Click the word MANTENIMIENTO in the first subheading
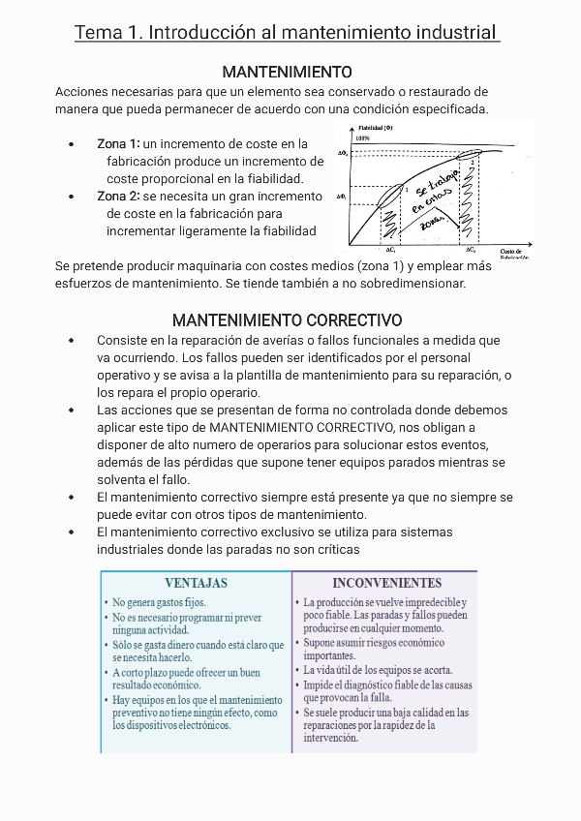tap(287, 72)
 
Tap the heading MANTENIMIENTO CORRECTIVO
tap(287, 319)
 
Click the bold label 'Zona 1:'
tap(118, 143)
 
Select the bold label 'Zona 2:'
tap(119, 196)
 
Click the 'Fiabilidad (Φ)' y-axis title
tap(375, 127)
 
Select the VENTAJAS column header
tap(196, 583)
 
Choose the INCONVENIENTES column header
tap(386, 583)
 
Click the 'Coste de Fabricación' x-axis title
tap(514, 254)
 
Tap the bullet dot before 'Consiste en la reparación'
tap(72, 341)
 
